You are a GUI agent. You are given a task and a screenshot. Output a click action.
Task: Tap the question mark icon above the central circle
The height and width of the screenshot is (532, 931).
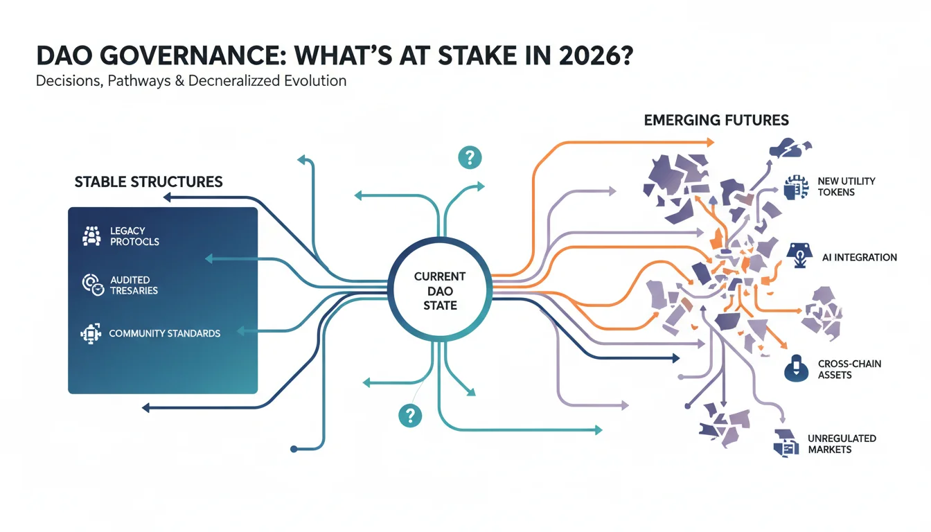click(x=470, y=157)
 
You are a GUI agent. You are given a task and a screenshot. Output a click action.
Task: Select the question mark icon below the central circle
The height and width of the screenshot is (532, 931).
click(x=410, y=415)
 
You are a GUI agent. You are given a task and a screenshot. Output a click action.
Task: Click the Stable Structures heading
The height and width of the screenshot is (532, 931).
click(x=148, y=181)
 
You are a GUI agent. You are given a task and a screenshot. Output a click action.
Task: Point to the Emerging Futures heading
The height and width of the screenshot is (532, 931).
click(x=716, y=120)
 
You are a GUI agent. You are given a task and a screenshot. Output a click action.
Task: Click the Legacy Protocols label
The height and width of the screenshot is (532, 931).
click(x=134, y=236)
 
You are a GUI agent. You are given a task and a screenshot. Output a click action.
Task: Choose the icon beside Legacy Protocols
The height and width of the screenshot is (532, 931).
click(x=91, y=236)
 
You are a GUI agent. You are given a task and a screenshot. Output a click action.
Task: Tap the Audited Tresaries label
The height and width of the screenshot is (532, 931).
click(x=134, y=285)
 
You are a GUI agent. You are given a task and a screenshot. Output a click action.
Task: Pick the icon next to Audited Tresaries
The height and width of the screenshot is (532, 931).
click(x=93, y=285)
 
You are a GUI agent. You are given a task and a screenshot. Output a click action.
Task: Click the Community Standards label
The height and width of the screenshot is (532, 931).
click(x=165, y=333)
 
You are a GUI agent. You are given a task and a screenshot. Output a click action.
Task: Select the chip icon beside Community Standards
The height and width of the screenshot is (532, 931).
click(x=91, y=333)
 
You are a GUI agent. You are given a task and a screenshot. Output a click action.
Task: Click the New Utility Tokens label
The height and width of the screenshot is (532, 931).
click(x=846, y=186)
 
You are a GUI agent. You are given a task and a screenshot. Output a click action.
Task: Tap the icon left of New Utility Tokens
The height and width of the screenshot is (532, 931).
click(x=796, y=188)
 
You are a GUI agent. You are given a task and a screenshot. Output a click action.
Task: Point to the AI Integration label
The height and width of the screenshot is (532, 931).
click(x=859, y=257)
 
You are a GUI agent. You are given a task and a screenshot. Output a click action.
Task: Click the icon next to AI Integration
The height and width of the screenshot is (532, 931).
click(x=799, y=255)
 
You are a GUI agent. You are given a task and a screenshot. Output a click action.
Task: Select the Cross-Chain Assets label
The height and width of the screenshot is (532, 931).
click(x=849, y=369)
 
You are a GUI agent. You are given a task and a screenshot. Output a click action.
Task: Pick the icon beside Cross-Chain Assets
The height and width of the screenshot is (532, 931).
click(x=797, y=369)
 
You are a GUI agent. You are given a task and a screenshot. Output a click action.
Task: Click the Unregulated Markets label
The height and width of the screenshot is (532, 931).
click(x=842, y=444)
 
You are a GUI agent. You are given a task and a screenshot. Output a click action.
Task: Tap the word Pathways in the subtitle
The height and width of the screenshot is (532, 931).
click(x=139, y=80)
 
